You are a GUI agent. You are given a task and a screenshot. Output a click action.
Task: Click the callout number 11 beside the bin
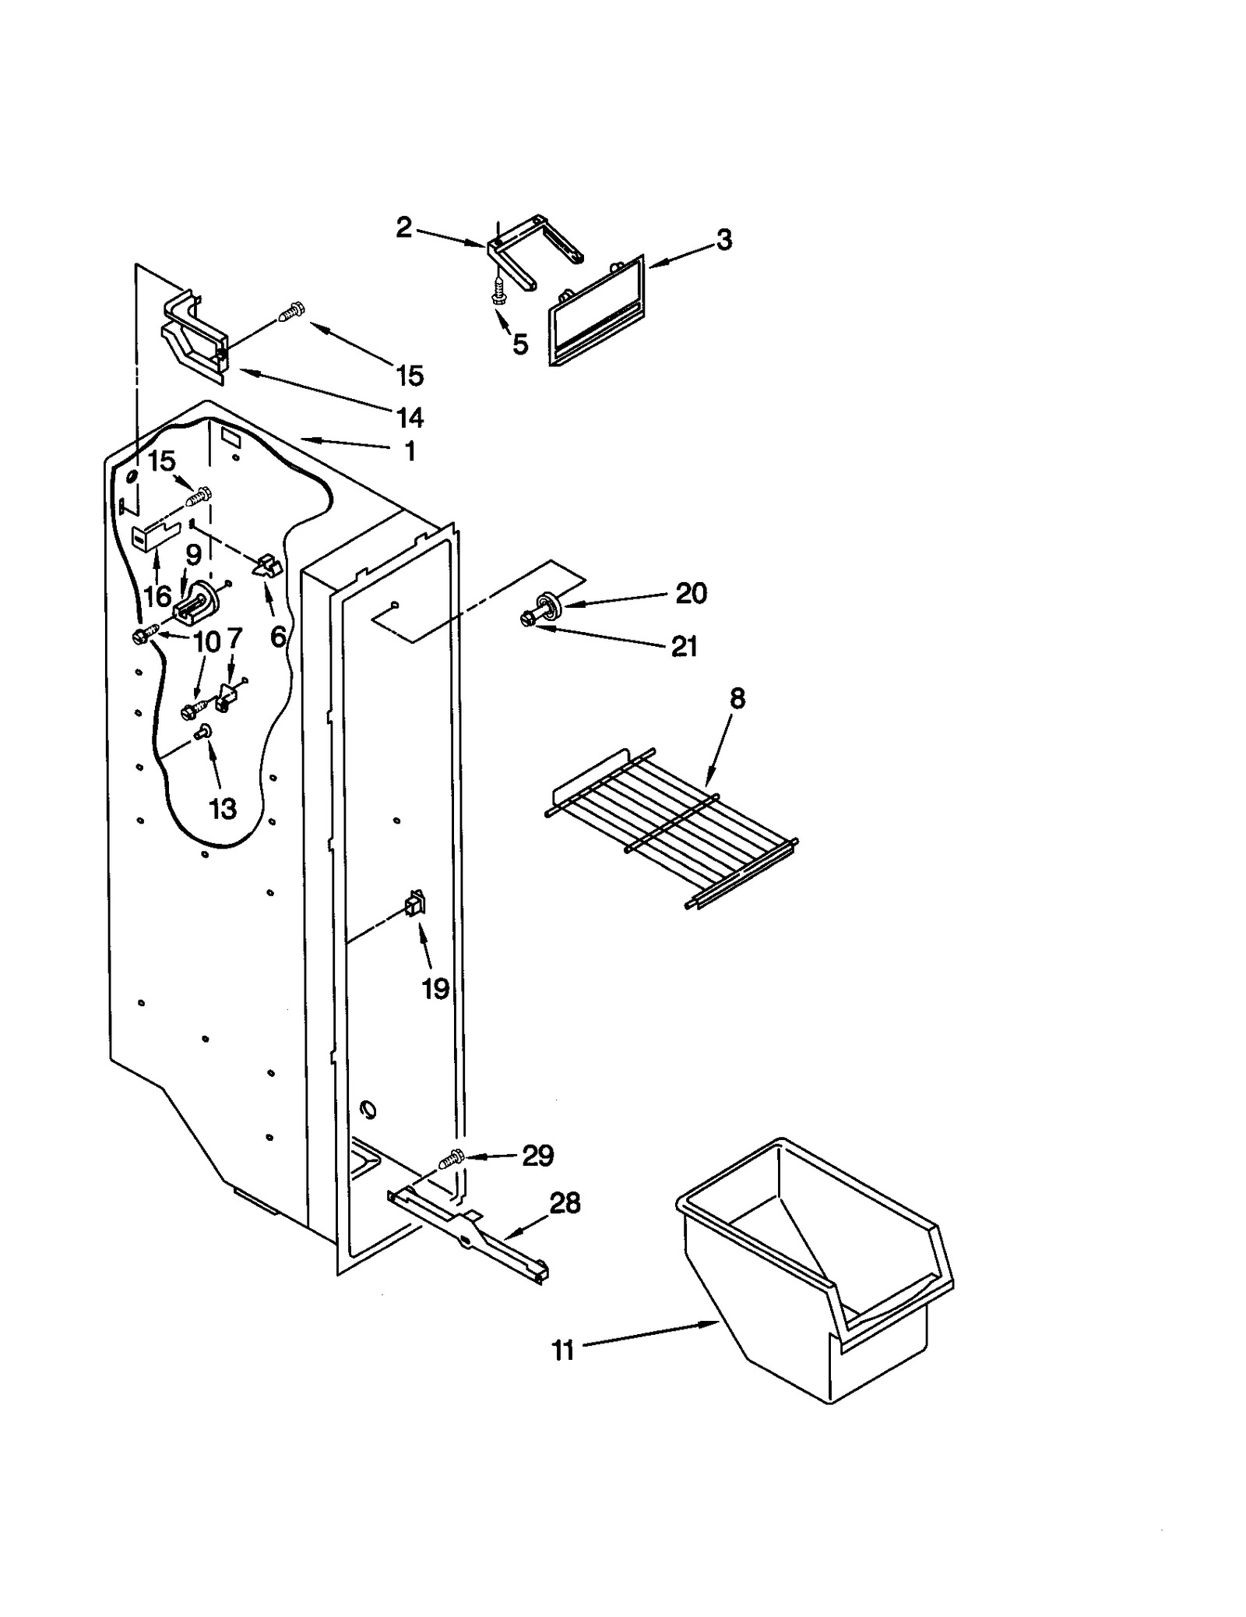562,1350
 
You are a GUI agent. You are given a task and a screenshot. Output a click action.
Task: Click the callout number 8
737,699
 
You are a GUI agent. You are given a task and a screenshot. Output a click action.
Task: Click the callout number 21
684,646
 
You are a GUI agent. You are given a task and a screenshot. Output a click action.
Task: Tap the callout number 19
435,989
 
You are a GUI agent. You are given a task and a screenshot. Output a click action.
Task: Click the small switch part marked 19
415,903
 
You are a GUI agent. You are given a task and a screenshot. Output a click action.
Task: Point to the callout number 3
723,240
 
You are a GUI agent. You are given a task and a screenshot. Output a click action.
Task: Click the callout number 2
403,228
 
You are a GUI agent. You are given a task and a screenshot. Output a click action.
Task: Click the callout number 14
410,418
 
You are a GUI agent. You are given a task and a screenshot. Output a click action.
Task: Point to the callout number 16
157,596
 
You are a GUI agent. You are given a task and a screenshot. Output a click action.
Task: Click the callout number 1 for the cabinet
410,451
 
